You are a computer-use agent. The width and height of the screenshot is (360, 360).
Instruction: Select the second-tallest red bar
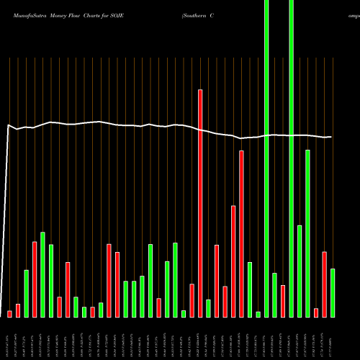tap(242, 233)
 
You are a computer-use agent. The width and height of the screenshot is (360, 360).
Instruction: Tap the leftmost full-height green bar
tap(266, 158)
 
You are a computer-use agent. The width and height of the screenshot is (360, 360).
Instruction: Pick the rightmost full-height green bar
tap(291, 158)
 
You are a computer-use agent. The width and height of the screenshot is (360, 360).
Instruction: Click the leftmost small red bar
tap(9, 314)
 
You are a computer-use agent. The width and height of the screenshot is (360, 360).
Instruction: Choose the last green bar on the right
tap(333, 292)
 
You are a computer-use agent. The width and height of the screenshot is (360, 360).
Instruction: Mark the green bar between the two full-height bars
tap(274, 294)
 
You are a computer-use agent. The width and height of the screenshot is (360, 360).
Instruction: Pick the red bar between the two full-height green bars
tap(283, 301)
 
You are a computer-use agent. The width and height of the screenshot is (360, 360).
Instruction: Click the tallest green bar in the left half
tap(42, 274)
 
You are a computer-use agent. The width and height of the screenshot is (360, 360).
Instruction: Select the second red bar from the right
tap(316, 312)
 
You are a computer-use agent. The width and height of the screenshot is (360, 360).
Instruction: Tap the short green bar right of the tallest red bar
tap(209, 308)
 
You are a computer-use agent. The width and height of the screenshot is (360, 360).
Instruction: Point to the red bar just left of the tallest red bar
tap(192, 300)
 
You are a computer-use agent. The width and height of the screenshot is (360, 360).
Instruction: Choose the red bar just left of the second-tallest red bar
tap(233, 261)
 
